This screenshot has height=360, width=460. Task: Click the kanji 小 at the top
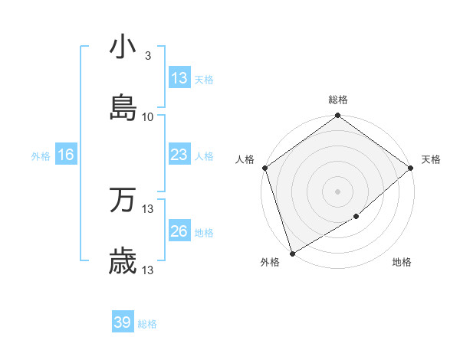pos(123,47)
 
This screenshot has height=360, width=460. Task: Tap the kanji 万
pos(123,200)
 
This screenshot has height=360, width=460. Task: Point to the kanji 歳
pos(123,262)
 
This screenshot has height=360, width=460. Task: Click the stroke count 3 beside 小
pos(147,56)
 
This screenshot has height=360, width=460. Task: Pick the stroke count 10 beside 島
pos(148,117)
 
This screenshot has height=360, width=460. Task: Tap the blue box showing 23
pos(179,155)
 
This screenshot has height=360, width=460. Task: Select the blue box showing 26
pos(179,231)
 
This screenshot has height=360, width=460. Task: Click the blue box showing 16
pos(66,155)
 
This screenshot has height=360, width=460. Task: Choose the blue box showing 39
pos(123,323)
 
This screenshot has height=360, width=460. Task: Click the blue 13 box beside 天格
pos(179,78)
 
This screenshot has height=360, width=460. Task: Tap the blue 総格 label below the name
pos(147,324)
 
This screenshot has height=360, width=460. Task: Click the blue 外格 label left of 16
pos(41,156)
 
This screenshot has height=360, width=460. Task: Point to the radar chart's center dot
pos(337,191)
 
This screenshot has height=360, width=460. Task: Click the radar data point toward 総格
pos(337,116)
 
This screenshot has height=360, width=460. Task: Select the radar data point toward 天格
pos(411,168)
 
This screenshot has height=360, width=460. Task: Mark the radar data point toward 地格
pos(356,217)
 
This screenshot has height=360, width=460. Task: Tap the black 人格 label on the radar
pos(245,159)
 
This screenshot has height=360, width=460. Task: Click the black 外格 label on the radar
pos(270,263)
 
